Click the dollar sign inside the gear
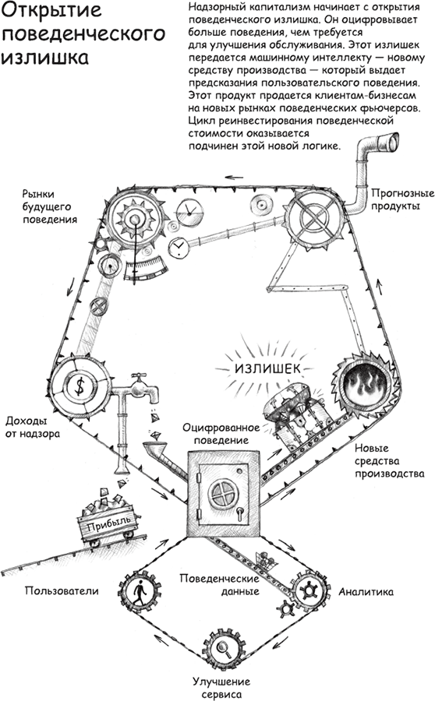point(80,386)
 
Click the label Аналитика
point(366,592)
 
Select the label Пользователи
point(62,590)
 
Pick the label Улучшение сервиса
point(221,688)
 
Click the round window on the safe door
point(223,494)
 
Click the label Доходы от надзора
point(33,427)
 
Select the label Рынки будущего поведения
point(50,206)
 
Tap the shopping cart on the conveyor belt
point(261,558)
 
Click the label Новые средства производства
point(389,461)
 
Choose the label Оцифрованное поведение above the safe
point(221,434)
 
